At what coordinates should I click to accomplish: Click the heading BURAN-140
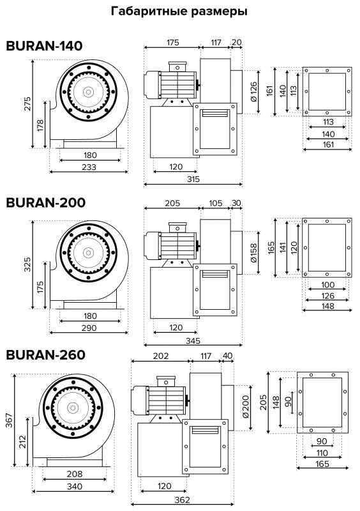[44, 46]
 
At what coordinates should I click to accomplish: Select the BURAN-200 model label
[45, 202]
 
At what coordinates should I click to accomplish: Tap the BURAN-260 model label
[45, 355]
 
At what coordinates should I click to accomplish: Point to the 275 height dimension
[27, 103]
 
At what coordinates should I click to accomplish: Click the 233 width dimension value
[89, 167]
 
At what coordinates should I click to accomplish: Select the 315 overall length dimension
[193, 179]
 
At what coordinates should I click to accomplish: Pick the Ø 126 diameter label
[253, 91]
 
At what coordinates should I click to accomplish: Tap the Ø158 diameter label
[253, 252]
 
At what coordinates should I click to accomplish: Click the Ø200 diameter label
[245, 406]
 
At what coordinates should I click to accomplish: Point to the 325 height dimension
[27, 264]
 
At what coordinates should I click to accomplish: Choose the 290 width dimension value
[89, 328]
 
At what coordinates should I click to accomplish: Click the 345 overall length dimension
[193, 341]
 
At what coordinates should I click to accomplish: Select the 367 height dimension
[9, 420]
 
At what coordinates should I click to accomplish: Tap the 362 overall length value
[182, 500]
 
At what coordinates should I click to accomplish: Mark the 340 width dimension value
[75, 487]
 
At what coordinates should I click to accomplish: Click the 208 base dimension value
[75, 474]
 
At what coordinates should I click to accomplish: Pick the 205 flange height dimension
[264, 402]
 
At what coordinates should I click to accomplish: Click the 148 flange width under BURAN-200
[327, 306]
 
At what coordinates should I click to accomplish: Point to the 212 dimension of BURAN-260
[22, 442]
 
